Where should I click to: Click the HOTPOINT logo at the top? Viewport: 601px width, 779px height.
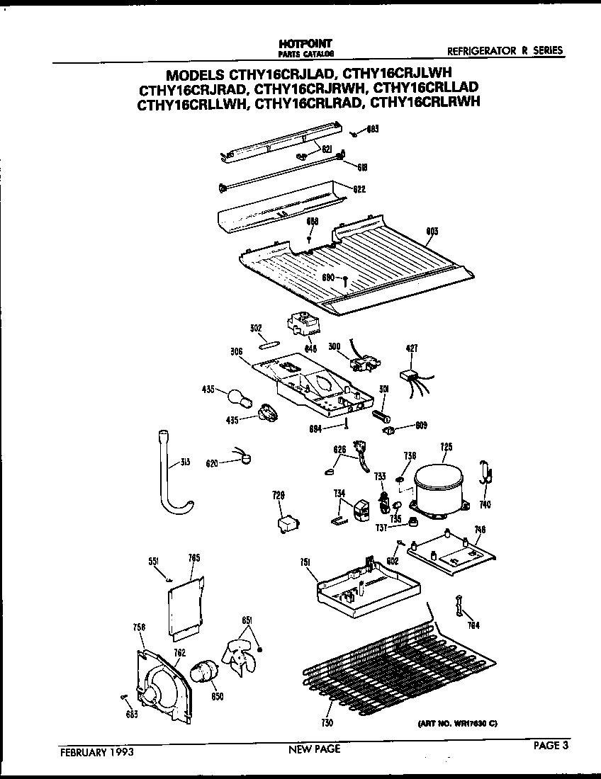tap(303, 44)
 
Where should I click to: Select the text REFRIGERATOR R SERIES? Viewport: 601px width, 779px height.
tap(505, 50)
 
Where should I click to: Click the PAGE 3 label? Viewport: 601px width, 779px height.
tap(552, 744)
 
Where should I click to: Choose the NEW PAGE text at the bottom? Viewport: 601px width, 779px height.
tap(315, 749)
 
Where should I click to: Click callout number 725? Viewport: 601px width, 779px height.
tap(446, 447)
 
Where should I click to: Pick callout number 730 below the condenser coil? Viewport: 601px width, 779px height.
tap(327, 723)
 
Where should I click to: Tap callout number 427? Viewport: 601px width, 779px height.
tap(412, 348)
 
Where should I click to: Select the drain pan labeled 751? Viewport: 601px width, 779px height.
tap(365, 584)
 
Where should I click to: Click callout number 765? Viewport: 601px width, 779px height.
tap(194, 558)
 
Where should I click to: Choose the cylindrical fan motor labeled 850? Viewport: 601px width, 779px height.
tap(206, 671)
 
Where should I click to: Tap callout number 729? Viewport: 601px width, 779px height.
tap(278, 496)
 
